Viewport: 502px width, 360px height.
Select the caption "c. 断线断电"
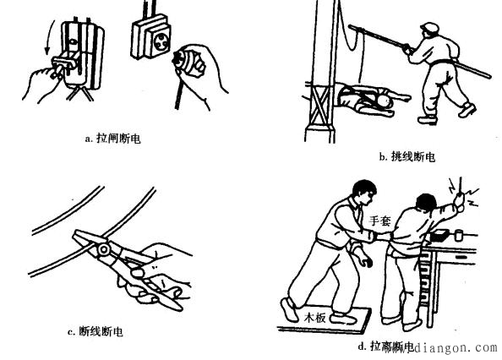[x=95, y=332]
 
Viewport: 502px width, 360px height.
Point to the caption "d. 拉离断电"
[x=386, y=346]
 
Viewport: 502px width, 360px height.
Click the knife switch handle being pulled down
[x=63, y=63]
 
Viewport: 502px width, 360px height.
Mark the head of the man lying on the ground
[x=385, y=102]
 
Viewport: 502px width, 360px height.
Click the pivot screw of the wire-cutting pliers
[x=102, y=248]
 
